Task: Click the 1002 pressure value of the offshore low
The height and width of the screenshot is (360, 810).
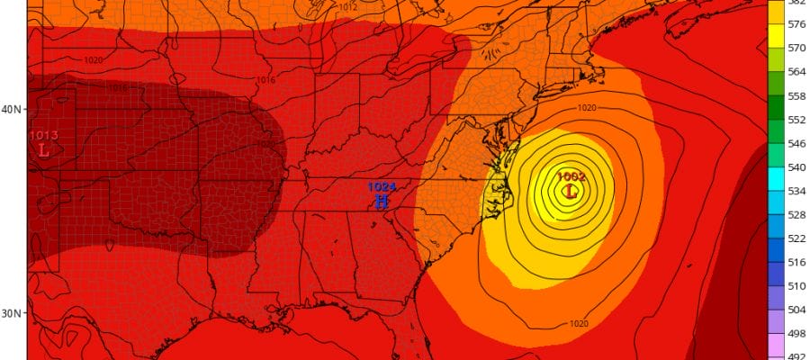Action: (x=571, y=177)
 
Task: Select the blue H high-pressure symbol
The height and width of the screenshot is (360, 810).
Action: (x=381, y=201)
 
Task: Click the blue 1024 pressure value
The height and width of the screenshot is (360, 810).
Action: (x=380, y=187)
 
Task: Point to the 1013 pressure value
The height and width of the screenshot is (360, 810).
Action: (x=43, y=136)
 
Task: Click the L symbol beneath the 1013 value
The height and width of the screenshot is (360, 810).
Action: (x=42, y=150)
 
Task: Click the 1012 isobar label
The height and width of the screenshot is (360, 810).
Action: (x=348, y=7)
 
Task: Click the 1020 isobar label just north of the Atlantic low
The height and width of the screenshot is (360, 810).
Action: (x=586, y=108)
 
